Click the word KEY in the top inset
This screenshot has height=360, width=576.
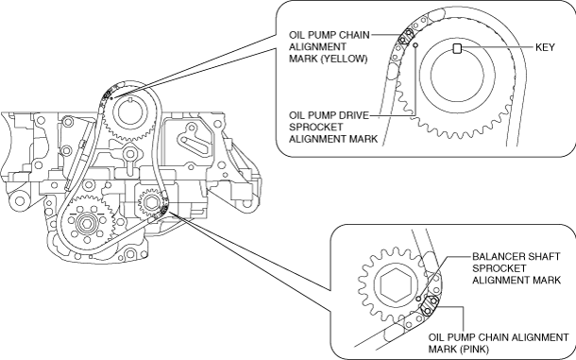[x=545, y=47]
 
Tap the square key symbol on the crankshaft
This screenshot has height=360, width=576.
[x=457, y=48]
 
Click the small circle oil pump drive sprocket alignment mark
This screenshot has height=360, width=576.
[x=415, y=44]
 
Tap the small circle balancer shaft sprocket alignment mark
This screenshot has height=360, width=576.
[x=418, y=299]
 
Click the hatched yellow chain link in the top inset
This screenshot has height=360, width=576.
[x=406, y=36]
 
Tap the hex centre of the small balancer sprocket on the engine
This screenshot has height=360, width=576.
[x=151, y=202]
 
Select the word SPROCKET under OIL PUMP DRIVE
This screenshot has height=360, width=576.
[x=315, y=128]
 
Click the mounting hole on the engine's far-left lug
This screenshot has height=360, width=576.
[x=20, y=201]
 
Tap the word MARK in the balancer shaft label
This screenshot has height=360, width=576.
[x=547, y=281]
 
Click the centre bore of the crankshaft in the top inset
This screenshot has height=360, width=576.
[x=457, y=74]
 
